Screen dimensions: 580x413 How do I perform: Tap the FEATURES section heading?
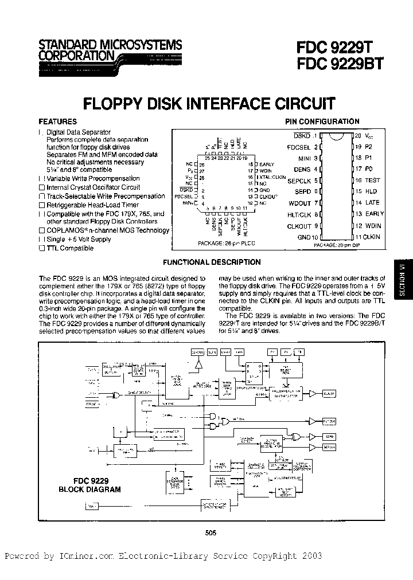[x=57, y=122]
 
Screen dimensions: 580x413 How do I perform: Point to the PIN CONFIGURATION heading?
[x=322, y=122]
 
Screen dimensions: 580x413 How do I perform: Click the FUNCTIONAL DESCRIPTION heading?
[x=212, y=262]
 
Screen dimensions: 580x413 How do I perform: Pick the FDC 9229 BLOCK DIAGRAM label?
[x=90, y=485]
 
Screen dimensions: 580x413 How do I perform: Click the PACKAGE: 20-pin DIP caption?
[x=339, y=244]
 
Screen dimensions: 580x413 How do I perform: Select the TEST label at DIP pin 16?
[x=372, y=180]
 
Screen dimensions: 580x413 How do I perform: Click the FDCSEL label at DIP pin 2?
[x=298, y=147]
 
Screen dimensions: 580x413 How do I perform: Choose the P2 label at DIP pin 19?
[x=368, y=147]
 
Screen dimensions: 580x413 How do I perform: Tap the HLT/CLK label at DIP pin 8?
[x=298, y=214]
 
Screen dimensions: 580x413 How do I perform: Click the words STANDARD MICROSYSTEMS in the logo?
[x=110, y=45]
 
